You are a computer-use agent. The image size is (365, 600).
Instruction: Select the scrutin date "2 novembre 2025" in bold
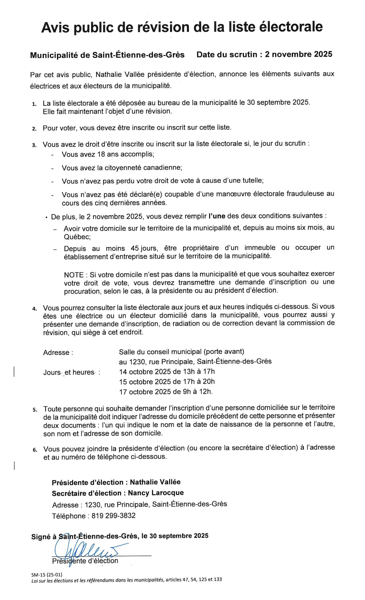coord(298,54)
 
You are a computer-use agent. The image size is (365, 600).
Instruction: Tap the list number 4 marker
coord(35,309)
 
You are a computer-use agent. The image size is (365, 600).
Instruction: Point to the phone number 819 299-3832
coord(113,516)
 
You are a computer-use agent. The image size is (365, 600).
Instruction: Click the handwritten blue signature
coord(86,551)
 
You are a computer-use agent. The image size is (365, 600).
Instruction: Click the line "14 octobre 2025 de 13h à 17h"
coord(167,371)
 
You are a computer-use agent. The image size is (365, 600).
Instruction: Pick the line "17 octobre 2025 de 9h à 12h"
coord(166,391)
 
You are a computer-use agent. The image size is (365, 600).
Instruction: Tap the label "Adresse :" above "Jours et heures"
coord(58,352)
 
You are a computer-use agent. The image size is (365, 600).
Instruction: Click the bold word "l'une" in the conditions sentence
coord(217,216)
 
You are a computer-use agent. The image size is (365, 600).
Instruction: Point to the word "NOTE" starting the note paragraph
coord(74,275)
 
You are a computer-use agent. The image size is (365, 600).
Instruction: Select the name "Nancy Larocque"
coord(156,493)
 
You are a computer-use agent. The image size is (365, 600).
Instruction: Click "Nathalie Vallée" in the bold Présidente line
coord(155,482)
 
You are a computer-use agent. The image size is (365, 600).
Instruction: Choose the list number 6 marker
coord(35,450)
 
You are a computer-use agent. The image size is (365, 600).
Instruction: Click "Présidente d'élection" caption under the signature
coord(85,561)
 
